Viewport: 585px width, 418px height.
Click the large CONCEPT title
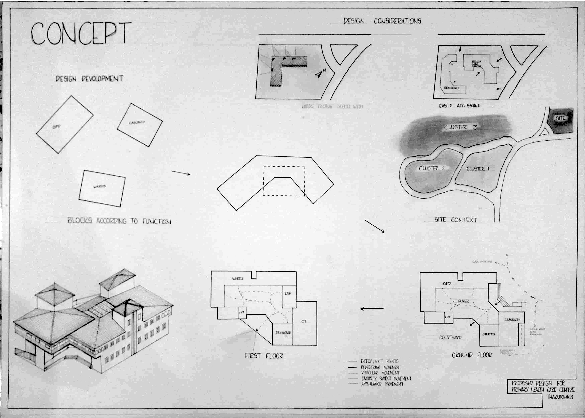coord(81,33)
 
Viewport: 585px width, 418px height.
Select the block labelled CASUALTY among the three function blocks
coord(139,125)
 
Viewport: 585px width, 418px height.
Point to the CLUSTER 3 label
coord(461,127)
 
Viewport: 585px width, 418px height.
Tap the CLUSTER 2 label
coord(432,168)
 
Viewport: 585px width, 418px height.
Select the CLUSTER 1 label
coord(478,169)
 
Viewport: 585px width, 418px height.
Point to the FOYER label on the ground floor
coord(463,301)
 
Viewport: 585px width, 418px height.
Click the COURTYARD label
coord(450,337)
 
